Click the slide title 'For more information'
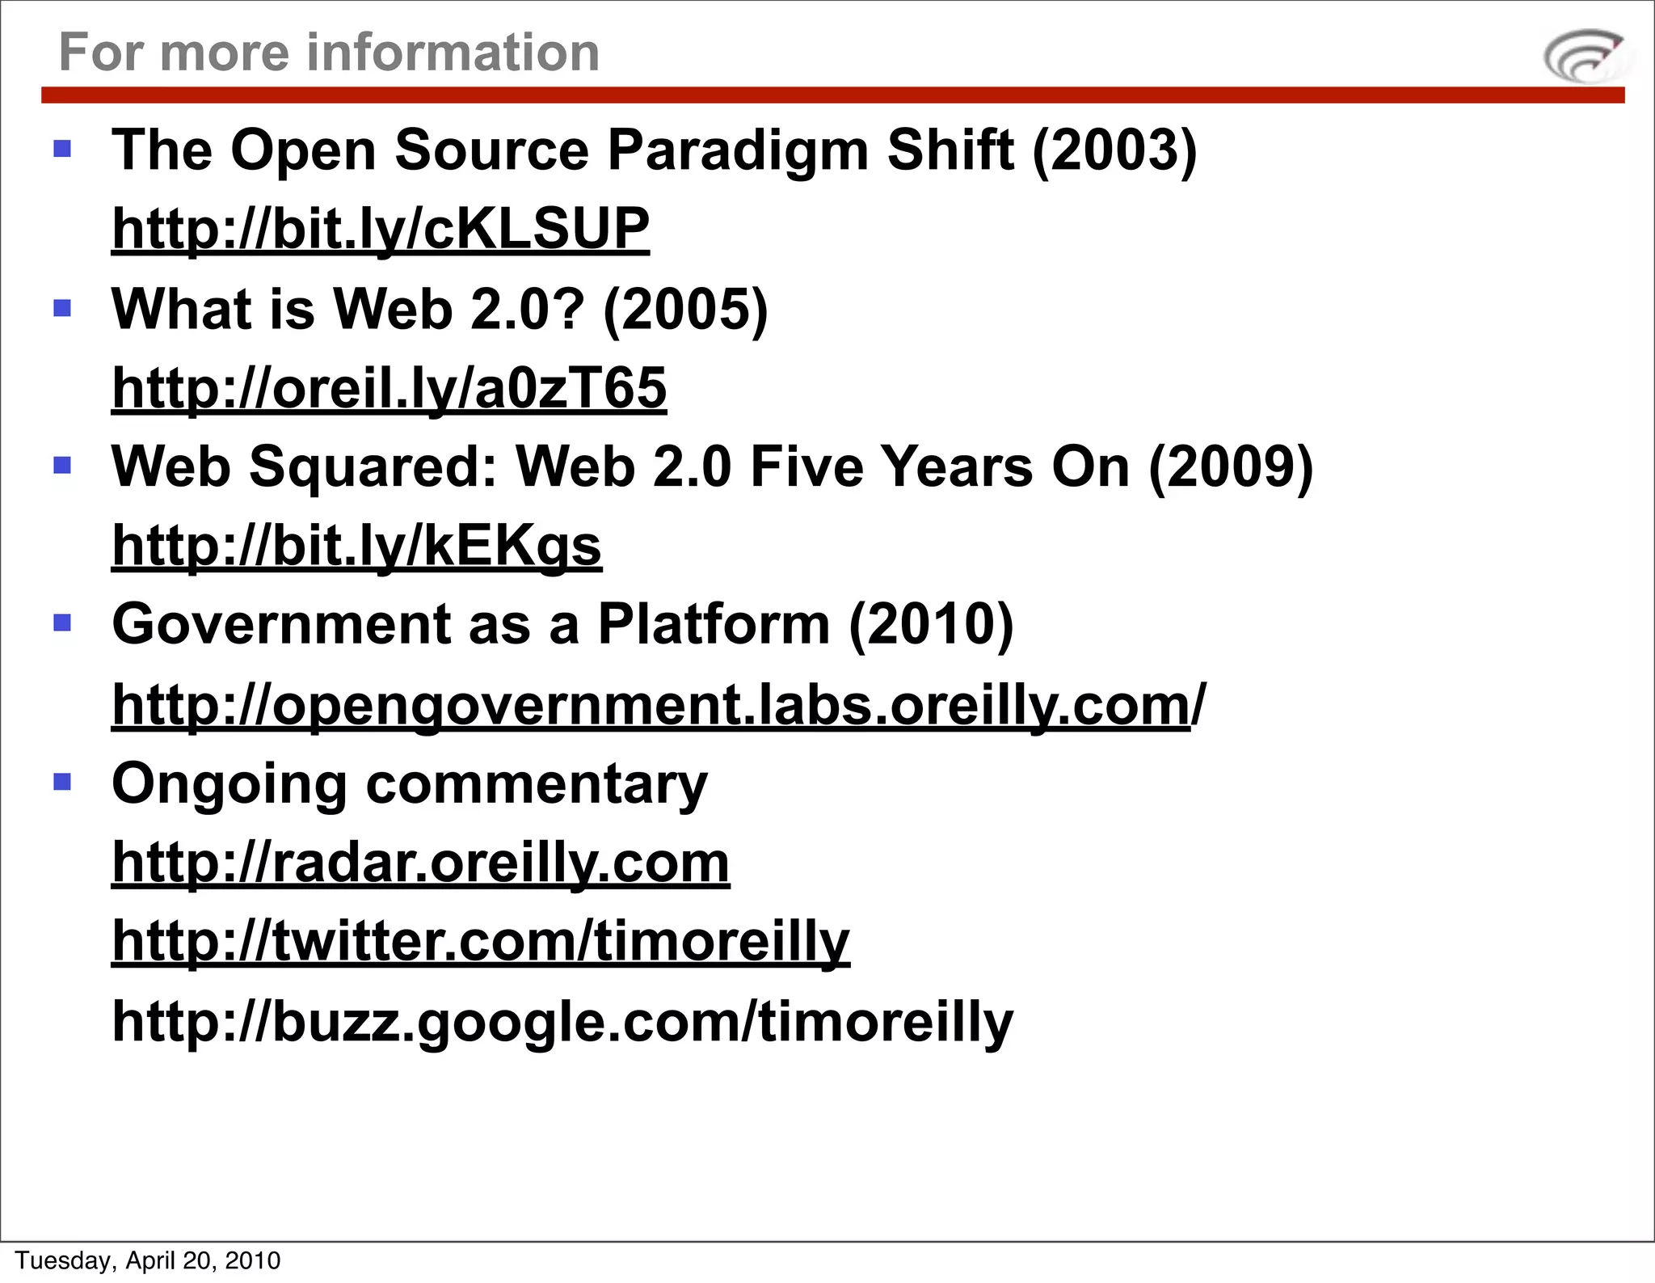329,53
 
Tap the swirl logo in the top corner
1583,56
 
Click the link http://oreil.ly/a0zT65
389,387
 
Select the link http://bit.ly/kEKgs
356,546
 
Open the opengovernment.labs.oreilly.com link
658,705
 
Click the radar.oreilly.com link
420,863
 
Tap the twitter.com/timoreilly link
481,941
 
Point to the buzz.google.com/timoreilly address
562,1021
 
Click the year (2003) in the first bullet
1114,150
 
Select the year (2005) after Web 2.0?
685,310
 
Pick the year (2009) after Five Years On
1230,467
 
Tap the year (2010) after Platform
931,625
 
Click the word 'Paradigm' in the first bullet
737,150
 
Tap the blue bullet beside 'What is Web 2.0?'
62,308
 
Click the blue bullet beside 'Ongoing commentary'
62,782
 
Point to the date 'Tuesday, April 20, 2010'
148,1260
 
